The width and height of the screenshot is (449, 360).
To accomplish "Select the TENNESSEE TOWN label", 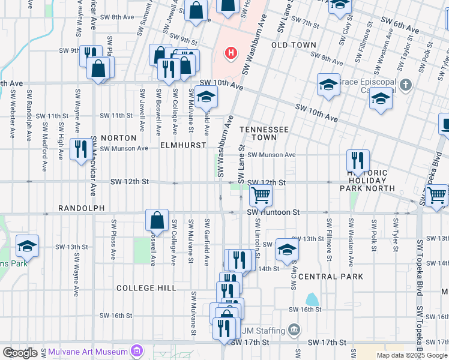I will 264,134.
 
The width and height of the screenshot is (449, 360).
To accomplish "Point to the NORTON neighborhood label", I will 114,138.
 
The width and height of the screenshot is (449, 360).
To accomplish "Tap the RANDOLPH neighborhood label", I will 81,208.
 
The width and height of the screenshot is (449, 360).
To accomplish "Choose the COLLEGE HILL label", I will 146,288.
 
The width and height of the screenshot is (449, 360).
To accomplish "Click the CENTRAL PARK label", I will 331,277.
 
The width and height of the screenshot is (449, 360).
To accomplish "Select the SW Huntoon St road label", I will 274,212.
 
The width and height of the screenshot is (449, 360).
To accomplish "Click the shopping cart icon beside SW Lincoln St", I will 261,195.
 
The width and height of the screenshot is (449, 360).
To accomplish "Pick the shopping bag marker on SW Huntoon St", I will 157,220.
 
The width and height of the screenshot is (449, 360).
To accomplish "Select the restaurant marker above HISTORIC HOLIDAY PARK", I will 357,160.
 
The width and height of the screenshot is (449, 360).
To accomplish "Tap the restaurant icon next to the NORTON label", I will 80,149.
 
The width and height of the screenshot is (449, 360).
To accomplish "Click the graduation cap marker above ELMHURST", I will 206,96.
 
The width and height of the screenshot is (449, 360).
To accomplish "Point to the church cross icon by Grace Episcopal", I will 406,85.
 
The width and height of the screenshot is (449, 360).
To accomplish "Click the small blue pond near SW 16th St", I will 312,299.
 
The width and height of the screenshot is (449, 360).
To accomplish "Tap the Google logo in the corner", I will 20,353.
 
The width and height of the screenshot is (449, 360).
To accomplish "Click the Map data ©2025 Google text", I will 411,355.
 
